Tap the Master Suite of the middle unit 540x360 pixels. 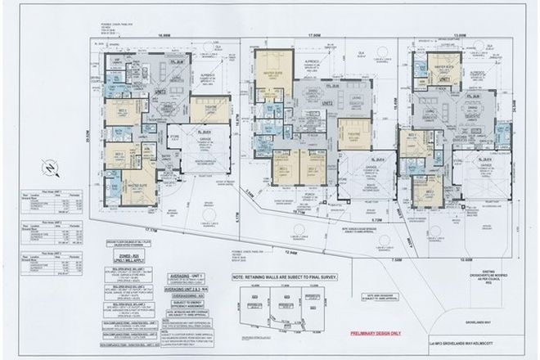(271, 78)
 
